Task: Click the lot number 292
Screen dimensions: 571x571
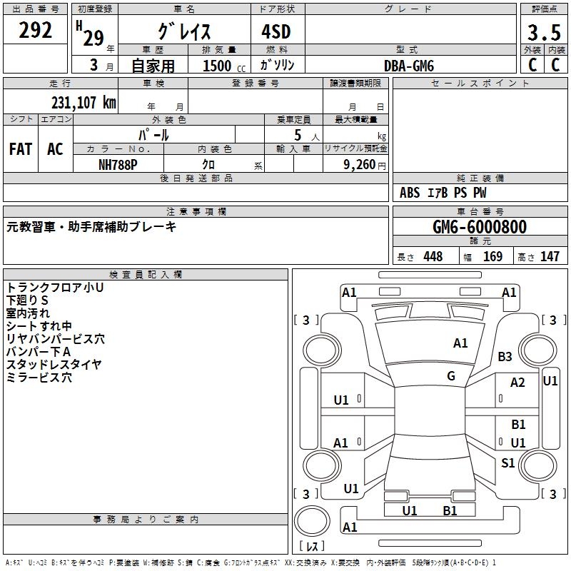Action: point(36,31)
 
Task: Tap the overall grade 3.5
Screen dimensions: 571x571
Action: point(543,33)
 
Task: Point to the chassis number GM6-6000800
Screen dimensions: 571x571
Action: point(480,227)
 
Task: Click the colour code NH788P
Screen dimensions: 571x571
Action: point(118,163)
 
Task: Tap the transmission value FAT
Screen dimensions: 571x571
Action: point(20,149)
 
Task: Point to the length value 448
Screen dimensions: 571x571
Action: point(432,257)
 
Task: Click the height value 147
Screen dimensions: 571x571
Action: point(549,257)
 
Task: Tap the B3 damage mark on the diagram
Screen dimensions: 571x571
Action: point(505,357)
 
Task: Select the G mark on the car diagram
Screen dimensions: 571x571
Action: point(451,376)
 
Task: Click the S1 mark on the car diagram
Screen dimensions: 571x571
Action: point(507,463)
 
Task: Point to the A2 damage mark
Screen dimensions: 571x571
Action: point(517,383)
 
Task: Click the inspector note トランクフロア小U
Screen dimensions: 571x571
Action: point(55,287)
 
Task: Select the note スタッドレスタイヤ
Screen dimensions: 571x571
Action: point(54,364)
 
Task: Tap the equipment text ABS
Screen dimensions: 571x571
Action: point(410,193)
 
